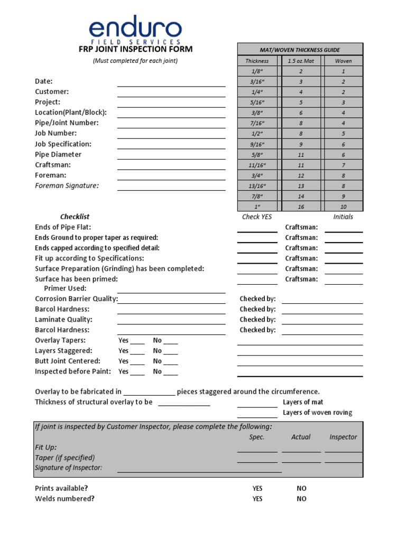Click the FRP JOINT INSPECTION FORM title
135,49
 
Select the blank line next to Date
171,82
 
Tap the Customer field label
52,91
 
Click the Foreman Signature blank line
171,186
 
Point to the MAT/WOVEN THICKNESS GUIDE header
300,50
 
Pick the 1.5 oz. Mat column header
301,61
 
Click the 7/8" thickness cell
257,196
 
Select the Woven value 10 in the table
343,207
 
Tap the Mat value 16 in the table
301,207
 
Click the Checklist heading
75,217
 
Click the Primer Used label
65,288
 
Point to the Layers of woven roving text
317,413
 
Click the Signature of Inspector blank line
199,469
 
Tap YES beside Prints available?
257,488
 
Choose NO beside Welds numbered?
301,499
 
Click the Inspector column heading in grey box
343,437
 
